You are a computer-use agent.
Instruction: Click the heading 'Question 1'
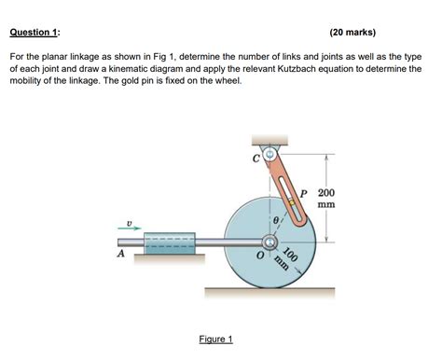pos(35,32)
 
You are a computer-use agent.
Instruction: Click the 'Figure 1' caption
pos(216,339)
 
